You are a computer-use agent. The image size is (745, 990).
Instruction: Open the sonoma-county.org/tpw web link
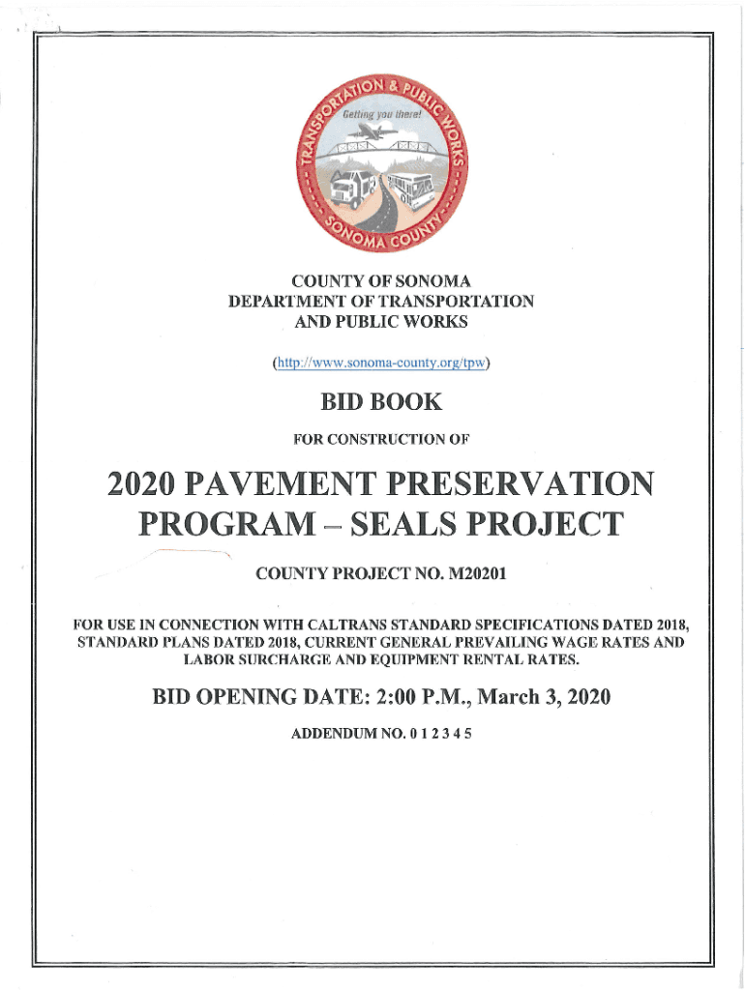pyautogui.click(x=381, y=364)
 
